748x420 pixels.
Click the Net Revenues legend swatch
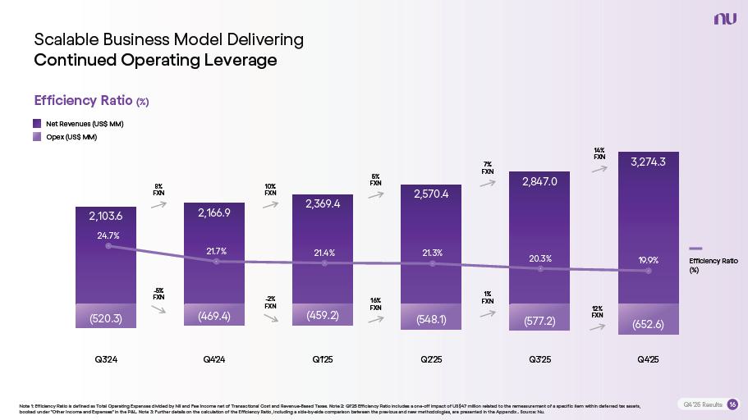click(x=38, y=123)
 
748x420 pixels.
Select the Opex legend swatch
click(x=38, y=137)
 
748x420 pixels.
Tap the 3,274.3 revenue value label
click(x=648, y=162)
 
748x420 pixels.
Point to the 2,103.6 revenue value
click(x=106, y=217)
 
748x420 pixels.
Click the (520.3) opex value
click(x=106, y=319)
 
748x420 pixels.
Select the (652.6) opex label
click(x=648, y=324)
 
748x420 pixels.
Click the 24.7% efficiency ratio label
click(x=108, y=235)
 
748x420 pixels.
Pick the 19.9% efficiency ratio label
click(x=649, y=260)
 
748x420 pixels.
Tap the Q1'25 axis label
click(x=323, y=359)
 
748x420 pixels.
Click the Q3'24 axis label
click(x=106, y=359)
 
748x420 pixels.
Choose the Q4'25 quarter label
click(x=648, y=359)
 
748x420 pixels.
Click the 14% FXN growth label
click(x=599, y=153)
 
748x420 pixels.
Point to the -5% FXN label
click(x=159, y=294)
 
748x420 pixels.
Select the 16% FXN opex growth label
click(x=375, y=304)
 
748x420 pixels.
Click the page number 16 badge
click(x=732, y=404)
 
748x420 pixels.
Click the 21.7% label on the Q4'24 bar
click(x=216, y=251)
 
